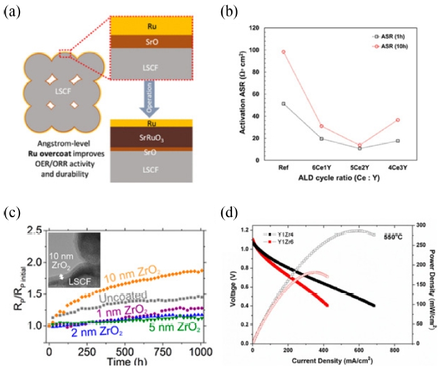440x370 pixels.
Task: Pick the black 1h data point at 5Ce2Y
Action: click(x=359, y=148)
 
